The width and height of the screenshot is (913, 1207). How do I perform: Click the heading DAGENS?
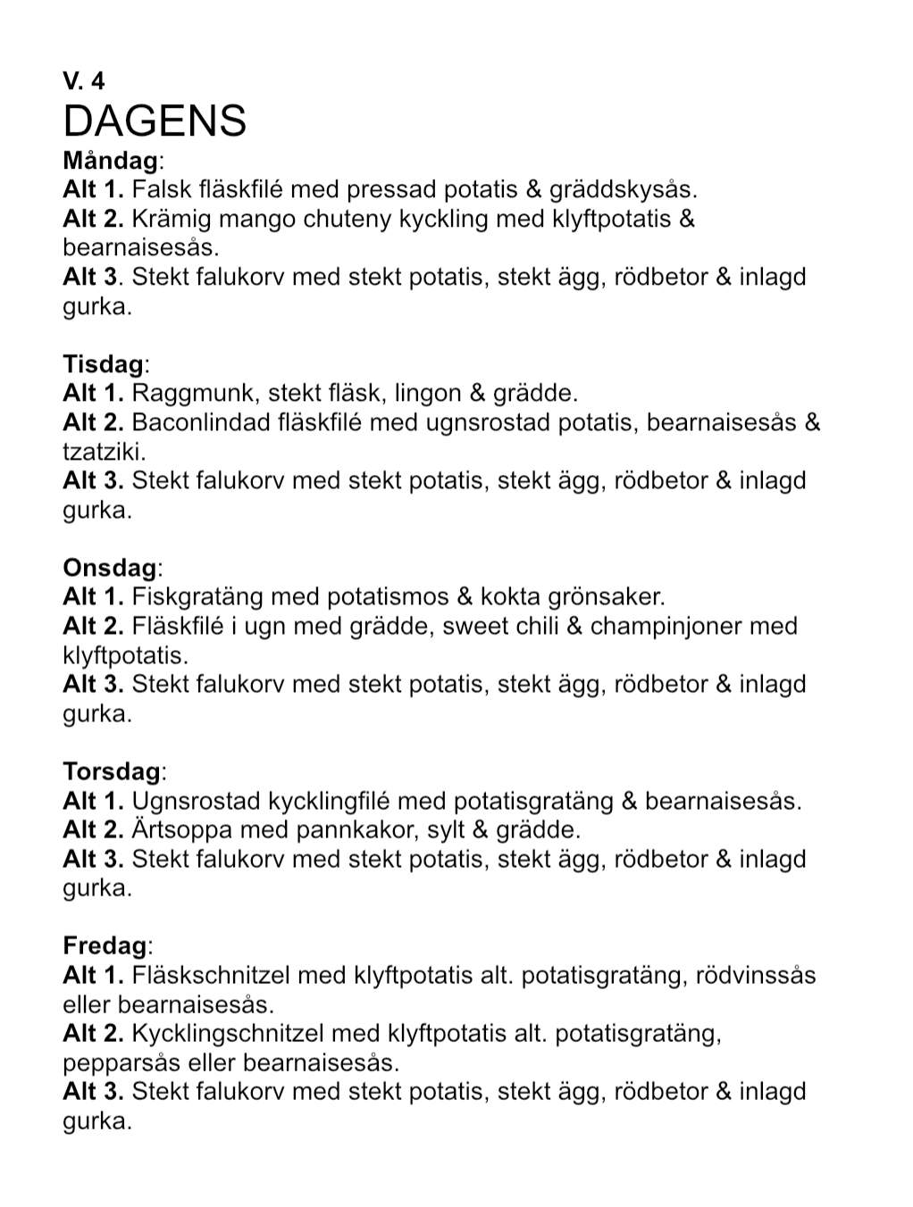[x=155, y=121]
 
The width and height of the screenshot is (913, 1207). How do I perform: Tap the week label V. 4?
[x=84, y=81]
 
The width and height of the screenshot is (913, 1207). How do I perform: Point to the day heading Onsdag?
[x=112, y=568]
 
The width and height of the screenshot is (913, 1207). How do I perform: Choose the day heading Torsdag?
[x=113, y=771]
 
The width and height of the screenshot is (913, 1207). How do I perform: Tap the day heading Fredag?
[x=105, y=945]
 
